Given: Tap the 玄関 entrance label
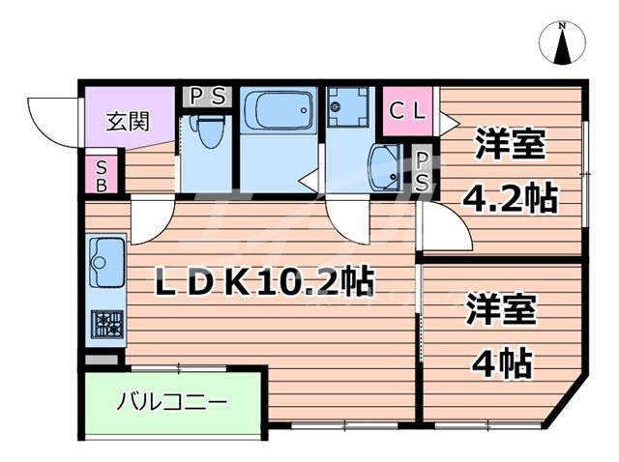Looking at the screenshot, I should (128, 123).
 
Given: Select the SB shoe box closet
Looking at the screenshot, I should (102, 176).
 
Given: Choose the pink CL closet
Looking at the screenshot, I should (407, 111).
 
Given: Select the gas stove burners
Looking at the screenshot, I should (105, 324).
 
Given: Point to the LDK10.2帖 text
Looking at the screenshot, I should (266, 281).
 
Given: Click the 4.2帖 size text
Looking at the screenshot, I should (509, 199).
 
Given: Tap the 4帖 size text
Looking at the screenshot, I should (500, 363).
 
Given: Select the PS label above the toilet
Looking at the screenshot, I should (205, 97).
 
